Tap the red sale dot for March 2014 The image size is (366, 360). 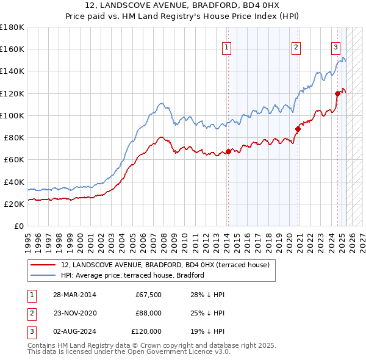pyautogui.click(x=228, y=151)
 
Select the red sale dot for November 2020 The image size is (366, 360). pyautogui.click(x=298, y=129)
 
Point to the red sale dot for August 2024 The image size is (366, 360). pyautogui.click(x=337, y=93)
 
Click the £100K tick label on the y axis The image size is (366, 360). pyautogui.click(x=12, y=115)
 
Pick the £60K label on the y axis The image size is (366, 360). pyautogui.click(x=14, y=159)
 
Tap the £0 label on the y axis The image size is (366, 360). pyautogui.click(x=20, y=226)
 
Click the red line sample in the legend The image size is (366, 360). pyautogui.click(x=43, y=265)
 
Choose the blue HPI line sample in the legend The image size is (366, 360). pyautogui.click(x=43, y=275)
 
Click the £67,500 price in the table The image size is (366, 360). pyautogui.click(x=148, y=295)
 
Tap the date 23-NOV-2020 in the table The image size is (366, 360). pyautogui.click(x=74, y=313)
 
